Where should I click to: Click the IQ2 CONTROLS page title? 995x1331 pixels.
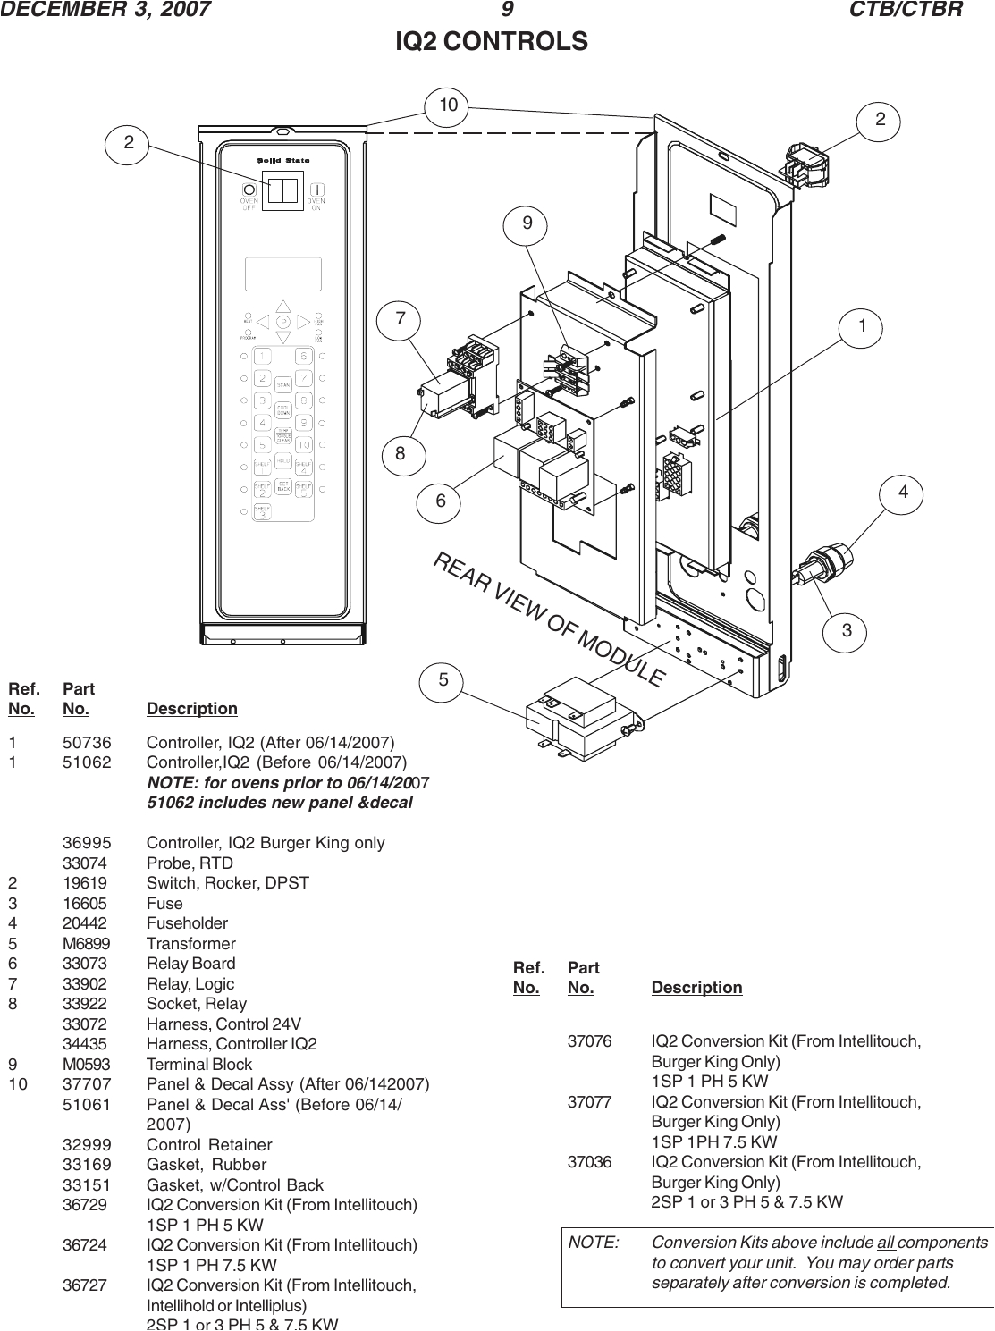(492, 42)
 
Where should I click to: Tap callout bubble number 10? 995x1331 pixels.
(448, 105)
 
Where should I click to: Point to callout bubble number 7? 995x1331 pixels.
(401, 318)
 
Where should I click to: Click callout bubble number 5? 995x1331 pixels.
(443, 680)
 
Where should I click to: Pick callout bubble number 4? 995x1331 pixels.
(904, 492)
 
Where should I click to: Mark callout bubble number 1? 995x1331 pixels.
(862, 327)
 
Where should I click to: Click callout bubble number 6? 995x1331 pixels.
(441, 501)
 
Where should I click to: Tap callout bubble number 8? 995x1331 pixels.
(401, 453)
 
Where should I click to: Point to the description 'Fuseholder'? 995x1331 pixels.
(187, 923)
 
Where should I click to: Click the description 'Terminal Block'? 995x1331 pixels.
(199, 1065)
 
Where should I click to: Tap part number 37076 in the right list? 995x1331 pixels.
(591, 1042)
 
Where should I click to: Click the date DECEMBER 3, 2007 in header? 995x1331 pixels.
(106, 10)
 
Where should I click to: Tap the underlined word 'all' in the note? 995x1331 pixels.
(887, 1243)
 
